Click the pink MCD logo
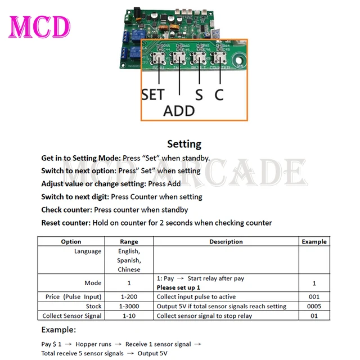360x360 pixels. pos(39,26)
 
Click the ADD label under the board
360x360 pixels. pos(179,110)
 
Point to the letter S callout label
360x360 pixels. pos(199,94)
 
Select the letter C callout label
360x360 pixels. pos(219,94)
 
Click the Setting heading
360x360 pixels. pos(184,144)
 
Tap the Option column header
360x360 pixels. pos(71,241)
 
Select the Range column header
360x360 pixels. pos(129,241)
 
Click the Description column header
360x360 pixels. pos(226,241)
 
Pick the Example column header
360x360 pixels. pos(314,241)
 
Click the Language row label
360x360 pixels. pos(88,251)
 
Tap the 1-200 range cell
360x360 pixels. pos(129,296)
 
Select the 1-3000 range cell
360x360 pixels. pos(129,306)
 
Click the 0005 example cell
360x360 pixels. pos(314,306)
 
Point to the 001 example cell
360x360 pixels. pos(314,296)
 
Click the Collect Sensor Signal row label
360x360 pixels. pos(72,316)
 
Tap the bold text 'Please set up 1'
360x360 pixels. pos(178,287)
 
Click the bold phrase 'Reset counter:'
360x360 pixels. pos(66,223)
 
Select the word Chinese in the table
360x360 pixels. pos(129,269)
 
